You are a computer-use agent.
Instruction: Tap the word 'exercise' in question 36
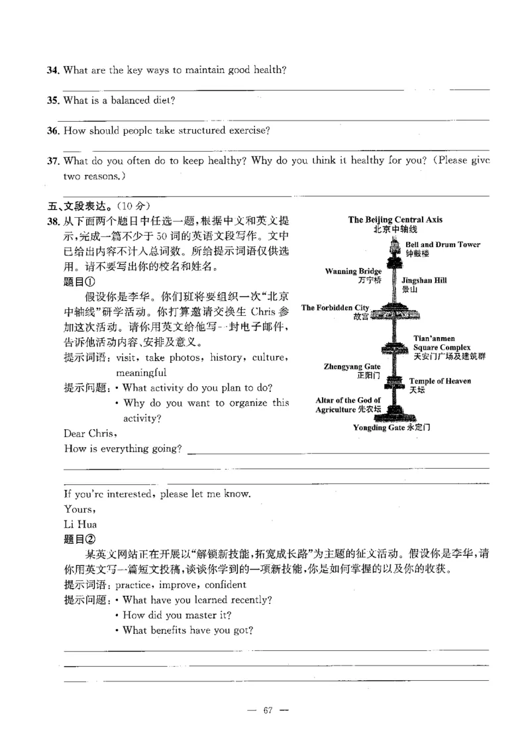pyautogui.click(x=250, y=130)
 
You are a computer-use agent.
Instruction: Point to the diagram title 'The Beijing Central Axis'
pyautogui.click(x=395, y=220)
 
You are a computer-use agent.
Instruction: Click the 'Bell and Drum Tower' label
pyautogui.click(x=442, y=245)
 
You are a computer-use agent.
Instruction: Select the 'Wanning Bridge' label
pyautogui.click(x=353, y=272)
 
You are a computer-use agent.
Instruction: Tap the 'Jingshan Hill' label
pyautogui.click(x=424, y=281)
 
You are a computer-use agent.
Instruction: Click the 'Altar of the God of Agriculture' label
pyautogui.click(x=348, y=405)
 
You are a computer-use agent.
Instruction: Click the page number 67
pyautogui.click(x=268, y=711)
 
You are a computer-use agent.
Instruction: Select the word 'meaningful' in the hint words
pyautogui.click(x=141, y=373)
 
